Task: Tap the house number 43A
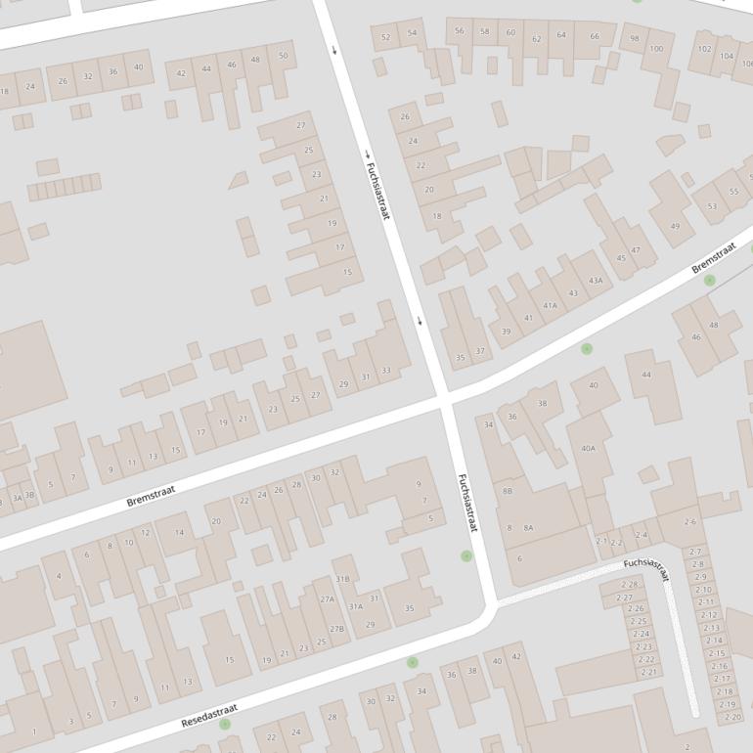tap(595, 281)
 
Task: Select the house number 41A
tap(551, 305)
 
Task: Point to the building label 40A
tap(588, 449)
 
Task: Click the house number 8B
tap(507, 491)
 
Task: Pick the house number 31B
tap(342, 578)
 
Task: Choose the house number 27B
tap(336, 629)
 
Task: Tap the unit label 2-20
tap(731, 717)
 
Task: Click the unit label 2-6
tap(689, 522)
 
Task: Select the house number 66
tap(594, 36)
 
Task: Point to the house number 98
tap(634, 38)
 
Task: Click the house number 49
tap(675, 227)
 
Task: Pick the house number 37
tap(480, 350)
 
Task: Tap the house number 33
tap(386, 370)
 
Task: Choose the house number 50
tap(284, 56)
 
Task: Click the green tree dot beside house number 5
tap(466, 555)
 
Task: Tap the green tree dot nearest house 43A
tap(587, 348)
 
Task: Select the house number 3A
tap(17, 497)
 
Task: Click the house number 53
tap(711, 206)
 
